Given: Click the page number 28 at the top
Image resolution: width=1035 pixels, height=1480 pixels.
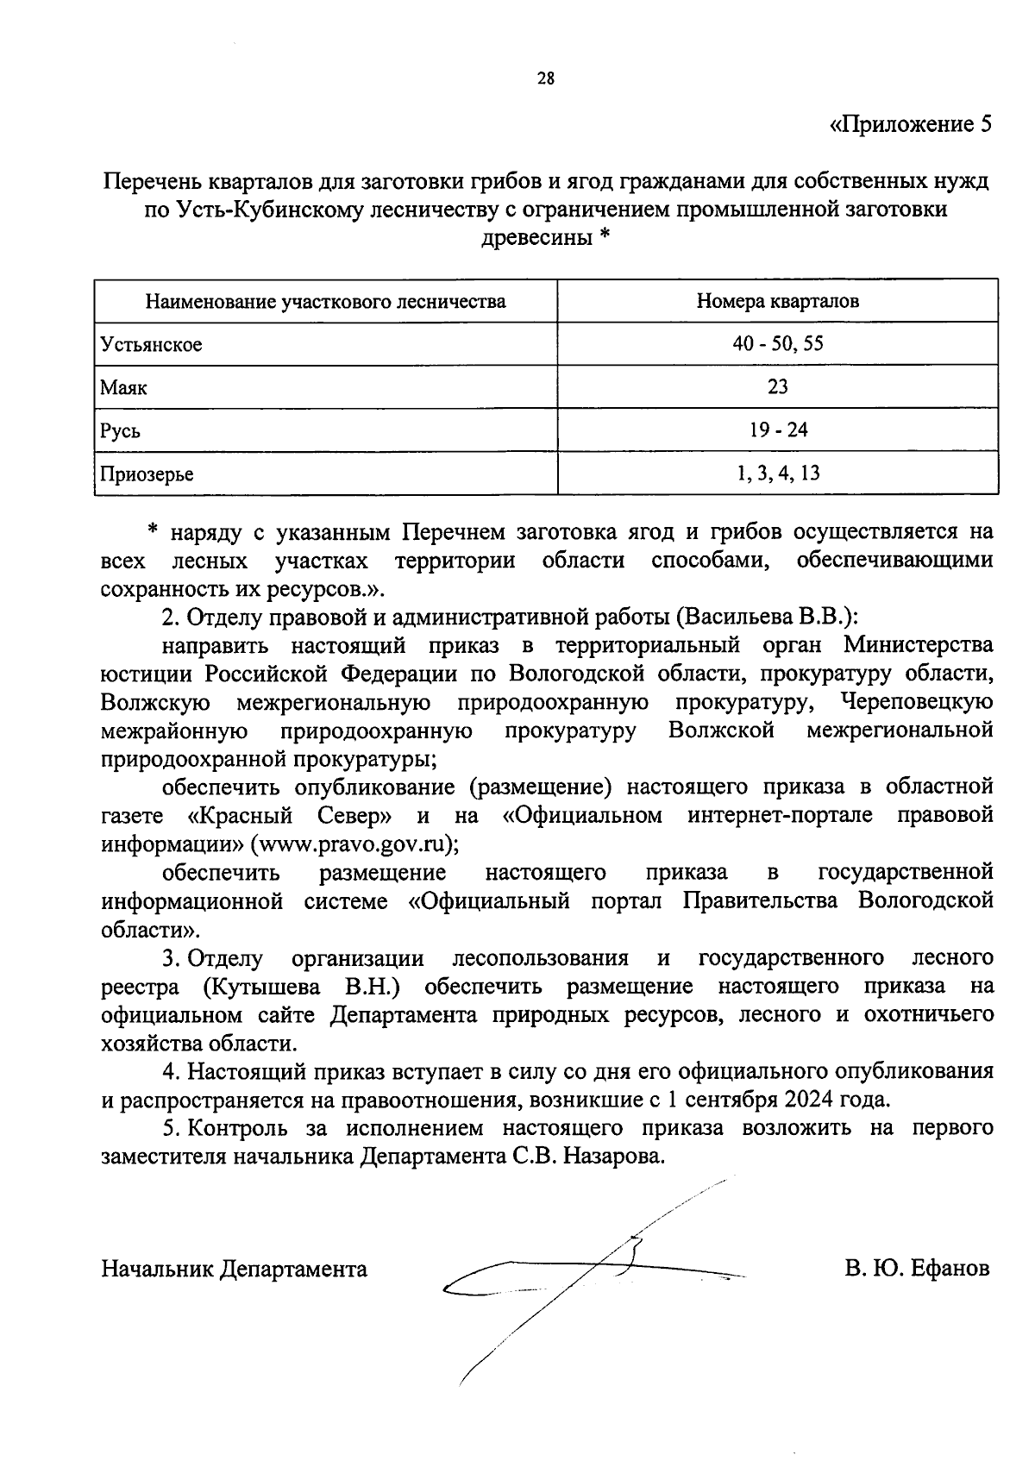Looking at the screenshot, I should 545,79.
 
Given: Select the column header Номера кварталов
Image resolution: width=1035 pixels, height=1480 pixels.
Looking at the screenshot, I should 777,302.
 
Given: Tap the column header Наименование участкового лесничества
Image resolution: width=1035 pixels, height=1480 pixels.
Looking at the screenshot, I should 325,302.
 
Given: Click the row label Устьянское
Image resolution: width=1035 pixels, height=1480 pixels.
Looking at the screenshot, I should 151,345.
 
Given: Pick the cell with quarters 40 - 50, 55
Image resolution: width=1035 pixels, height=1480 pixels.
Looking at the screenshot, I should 777,344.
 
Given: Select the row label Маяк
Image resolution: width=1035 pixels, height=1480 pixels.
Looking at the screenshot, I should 123,388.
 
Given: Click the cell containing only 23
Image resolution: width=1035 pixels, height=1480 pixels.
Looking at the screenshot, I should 777,387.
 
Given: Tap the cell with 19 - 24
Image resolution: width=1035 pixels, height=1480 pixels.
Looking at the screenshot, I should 777,430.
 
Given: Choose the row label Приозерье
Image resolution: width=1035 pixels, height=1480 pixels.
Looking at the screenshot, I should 147,474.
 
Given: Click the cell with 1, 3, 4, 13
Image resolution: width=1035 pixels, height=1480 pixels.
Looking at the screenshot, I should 777,473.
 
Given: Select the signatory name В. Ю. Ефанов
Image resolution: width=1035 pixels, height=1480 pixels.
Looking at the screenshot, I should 918,1270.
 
